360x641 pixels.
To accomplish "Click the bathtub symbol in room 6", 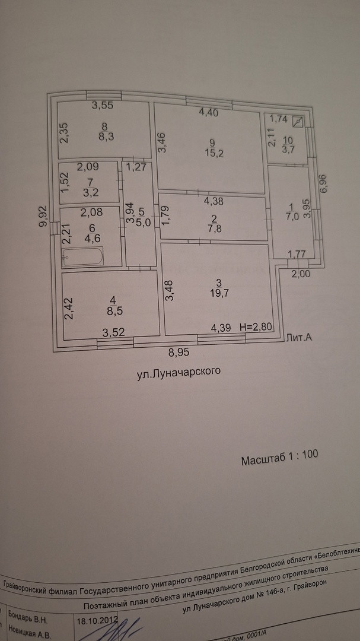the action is [84, 257].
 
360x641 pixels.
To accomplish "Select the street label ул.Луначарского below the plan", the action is [174, 372].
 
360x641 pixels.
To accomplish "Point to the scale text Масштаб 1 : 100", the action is [280, 458].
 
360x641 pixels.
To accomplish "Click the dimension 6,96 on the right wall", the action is [323, 188].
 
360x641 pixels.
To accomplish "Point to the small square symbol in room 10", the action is [298, 123].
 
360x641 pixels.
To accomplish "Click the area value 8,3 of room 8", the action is [105, 135].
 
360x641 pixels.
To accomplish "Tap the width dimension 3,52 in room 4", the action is [113, 333].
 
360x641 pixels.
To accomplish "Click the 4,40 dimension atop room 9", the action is [209, 110].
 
